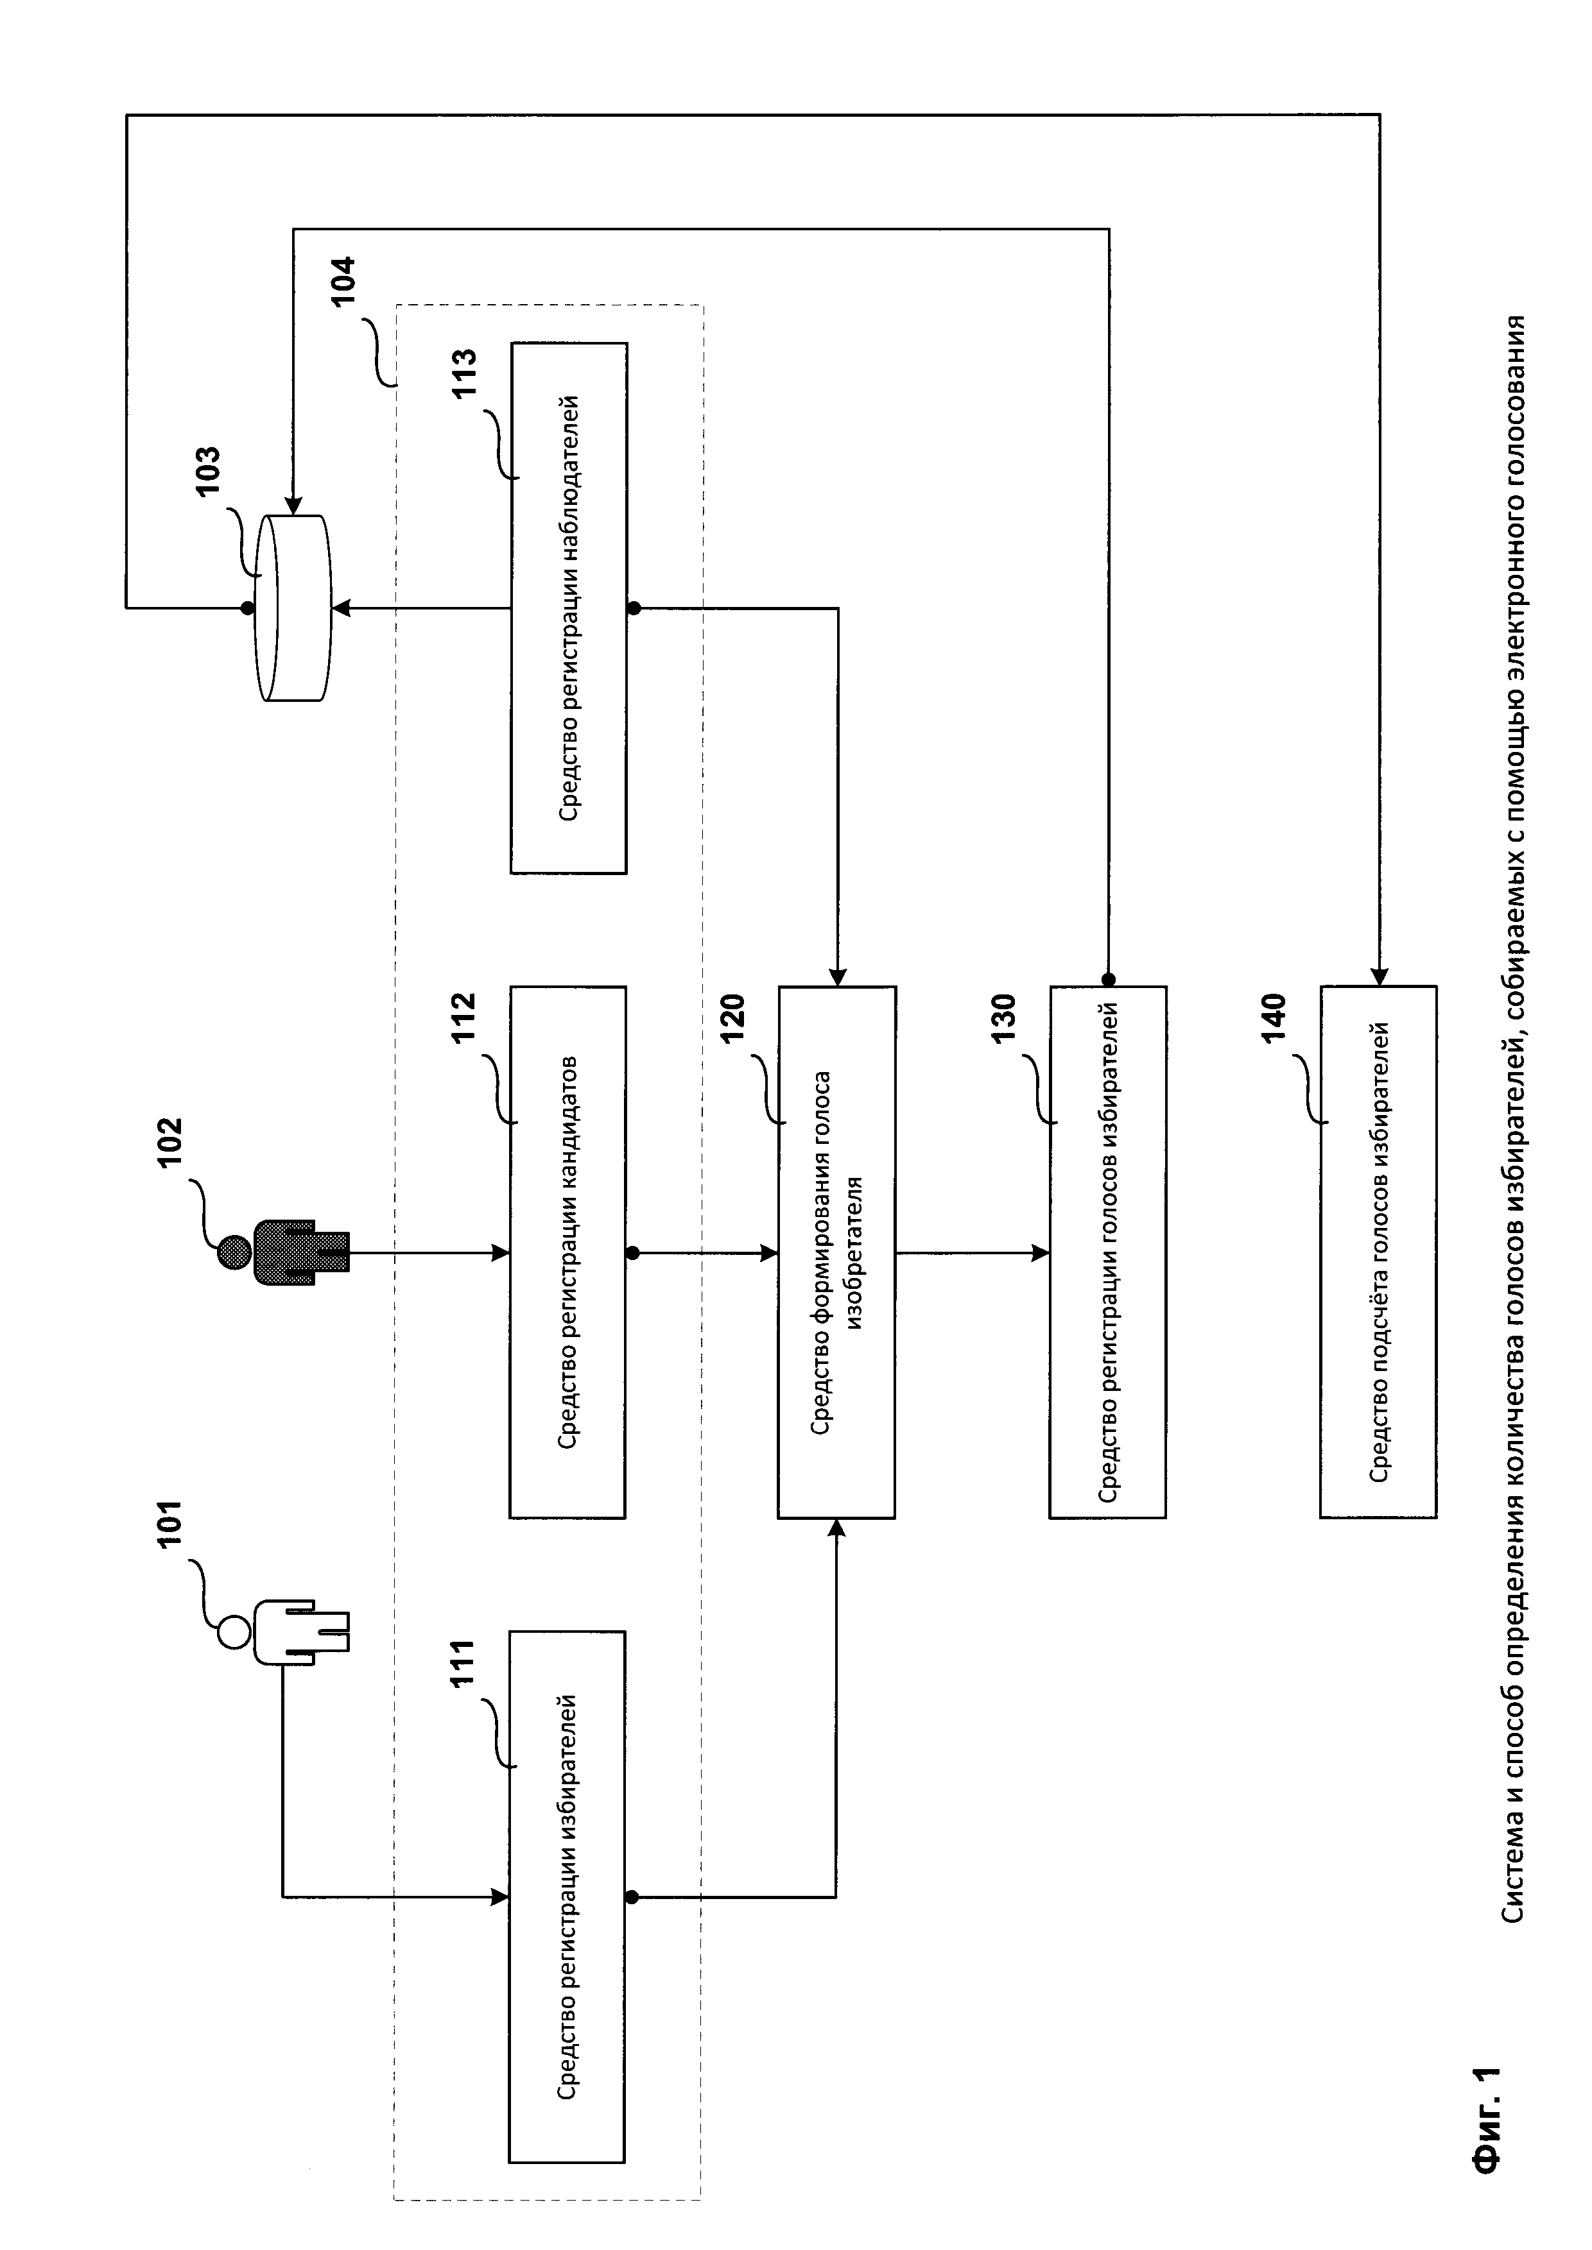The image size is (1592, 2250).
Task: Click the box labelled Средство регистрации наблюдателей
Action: click(569, 608)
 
